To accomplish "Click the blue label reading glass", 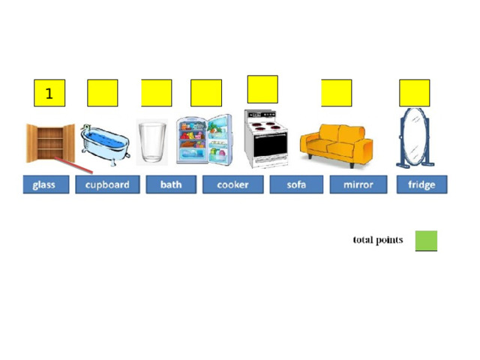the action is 46,184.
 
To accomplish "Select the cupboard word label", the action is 107,184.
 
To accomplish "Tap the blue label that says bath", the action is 171,184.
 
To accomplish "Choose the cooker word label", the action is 233,184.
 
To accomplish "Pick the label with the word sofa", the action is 296,184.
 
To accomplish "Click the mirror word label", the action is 358,184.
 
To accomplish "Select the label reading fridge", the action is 421,184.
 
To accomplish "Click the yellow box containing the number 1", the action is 49,93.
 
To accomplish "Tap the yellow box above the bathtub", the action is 103,93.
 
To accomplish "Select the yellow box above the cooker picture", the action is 262,89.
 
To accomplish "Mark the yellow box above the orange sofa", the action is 337,93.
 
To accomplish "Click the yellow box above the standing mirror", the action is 415,93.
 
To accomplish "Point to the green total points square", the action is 426,241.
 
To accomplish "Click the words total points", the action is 378,240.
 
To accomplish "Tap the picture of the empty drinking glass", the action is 152,142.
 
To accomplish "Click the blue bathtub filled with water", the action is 105,144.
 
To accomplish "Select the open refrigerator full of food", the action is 204,139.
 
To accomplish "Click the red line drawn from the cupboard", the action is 73,166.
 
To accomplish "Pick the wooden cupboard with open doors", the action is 50,143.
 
